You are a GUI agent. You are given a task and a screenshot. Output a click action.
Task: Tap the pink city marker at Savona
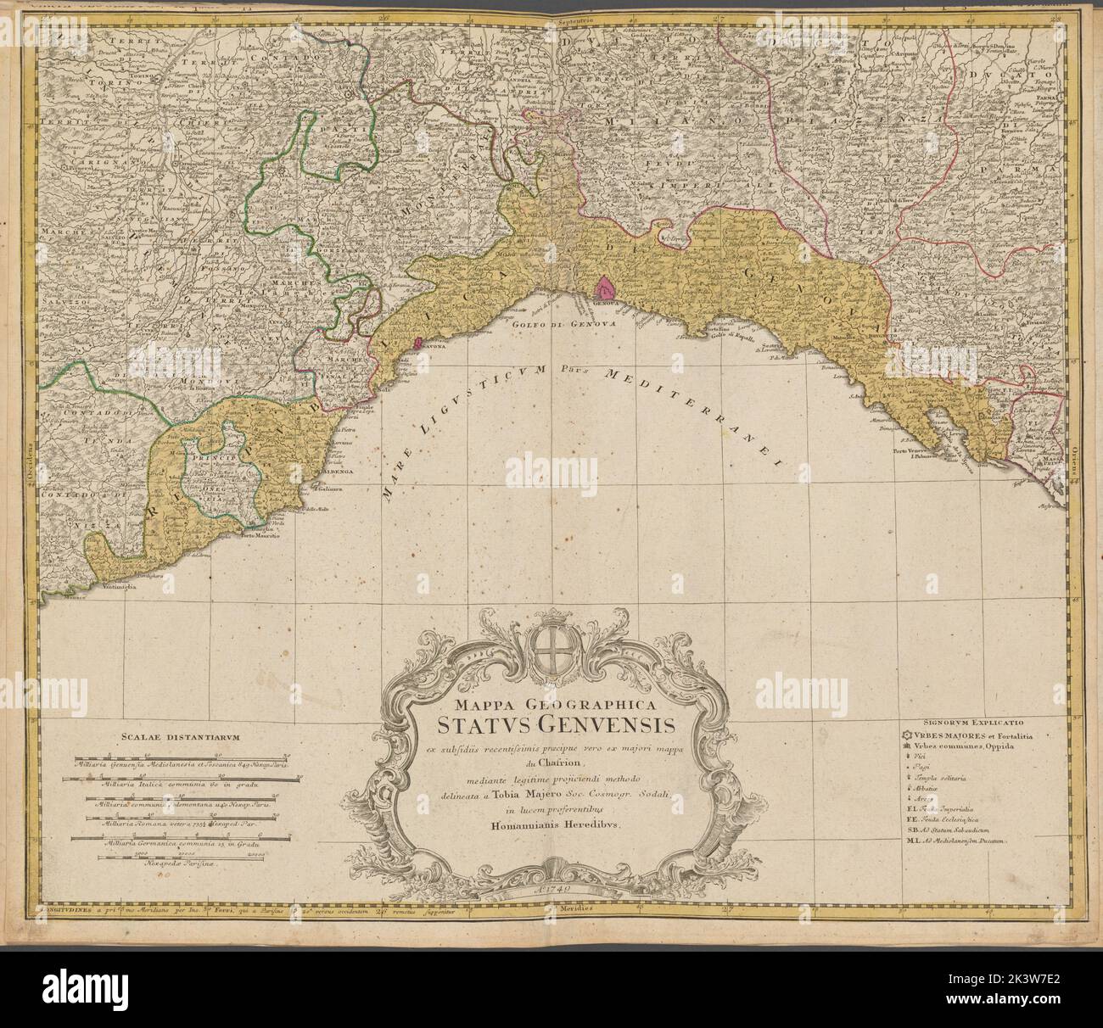(417, 344)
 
